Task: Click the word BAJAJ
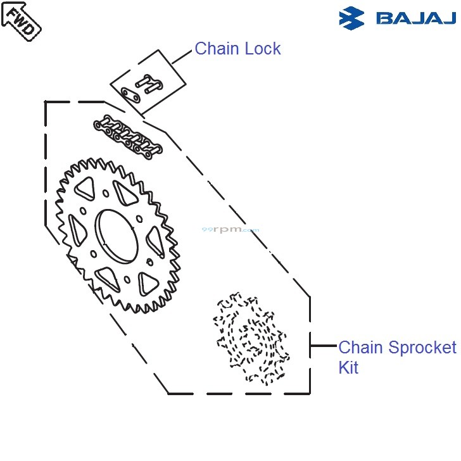click(416, 18)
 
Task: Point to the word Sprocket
click(422, 348)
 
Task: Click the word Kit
click(348, 368)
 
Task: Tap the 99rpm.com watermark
click(230, 230)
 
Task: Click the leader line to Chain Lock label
click(182, 55)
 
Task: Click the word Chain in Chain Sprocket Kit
click(361, 348)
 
